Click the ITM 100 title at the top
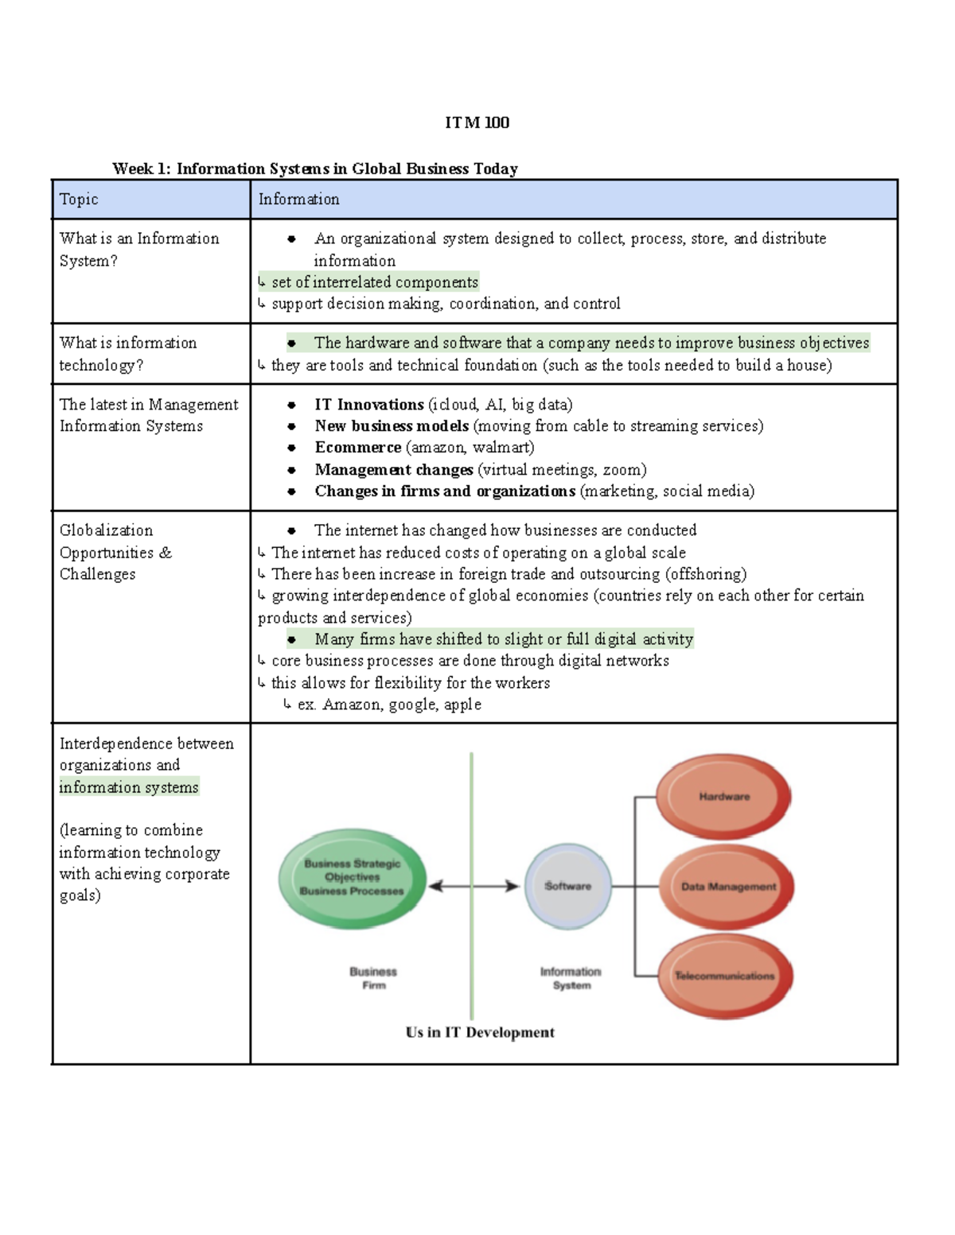(x=477, y=122)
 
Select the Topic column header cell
(x=150, y=200)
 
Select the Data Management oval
(x=727, y=886)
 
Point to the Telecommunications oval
(x=725, y=976)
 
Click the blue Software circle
(x=567, y=886)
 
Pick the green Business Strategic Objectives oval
(x=352, y=878)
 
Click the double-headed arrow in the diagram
(x=474, y=886)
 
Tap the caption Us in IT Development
(x=480, y=1032)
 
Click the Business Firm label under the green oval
(x=373, y=978)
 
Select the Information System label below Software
(x=571, y=978)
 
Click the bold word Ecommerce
(x=357, y=448)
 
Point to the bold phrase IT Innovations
(x=368, y=405)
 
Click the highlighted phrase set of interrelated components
(x=374, y=282)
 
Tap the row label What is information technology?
(x=128, y=354)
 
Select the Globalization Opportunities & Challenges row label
(x=115, y=552)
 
